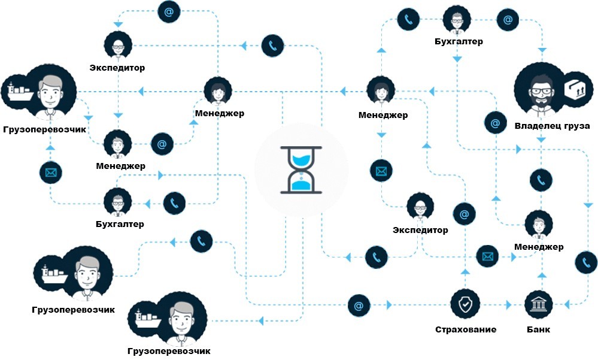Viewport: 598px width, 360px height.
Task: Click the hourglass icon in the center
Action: [301, 170]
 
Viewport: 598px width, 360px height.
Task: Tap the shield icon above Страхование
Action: [465, 305]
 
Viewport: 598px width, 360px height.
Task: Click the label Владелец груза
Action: [552, 126]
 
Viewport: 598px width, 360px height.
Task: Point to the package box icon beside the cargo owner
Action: [578, 90]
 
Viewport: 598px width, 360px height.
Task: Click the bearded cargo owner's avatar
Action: [542, 91]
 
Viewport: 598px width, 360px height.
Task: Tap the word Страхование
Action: [465, 329]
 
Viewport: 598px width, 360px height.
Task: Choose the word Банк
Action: [538, 329]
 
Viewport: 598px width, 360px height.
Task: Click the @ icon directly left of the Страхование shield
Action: [359, 305]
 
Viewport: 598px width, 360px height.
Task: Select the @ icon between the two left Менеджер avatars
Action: [162, 144]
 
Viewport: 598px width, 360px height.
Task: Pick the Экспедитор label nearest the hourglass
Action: [420, 229]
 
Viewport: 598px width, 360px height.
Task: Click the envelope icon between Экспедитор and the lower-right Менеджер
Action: [488, 256]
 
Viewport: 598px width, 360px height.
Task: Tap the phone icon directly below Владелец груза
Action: [542, 180]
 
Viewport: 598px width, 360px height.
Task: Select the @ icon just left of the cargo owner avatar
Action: [495, 123]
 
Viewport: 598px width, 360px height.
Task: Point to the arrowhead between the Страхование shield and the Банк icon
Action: [508, 305]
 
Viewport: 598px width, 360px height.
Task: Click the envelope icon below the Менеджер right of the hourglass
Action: [381, 171]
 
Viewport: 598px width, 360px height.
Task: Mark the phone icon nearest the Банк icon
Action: [585, 262]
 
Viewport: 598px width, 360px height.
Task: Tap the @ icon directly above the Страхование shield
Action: [464, 213]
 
